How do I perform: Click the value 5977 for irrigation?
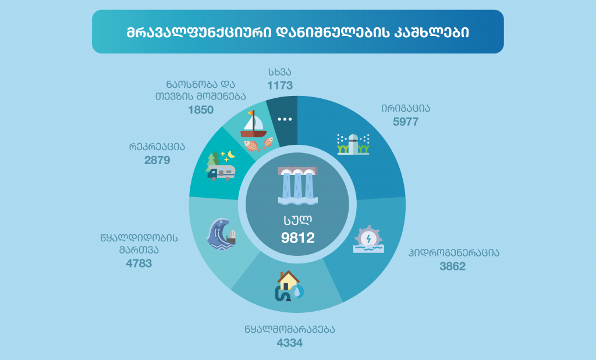coord(406,122)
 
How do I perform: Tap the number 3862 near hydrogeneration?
coord(452,266)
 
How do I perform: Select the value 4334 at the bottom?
coord(290,343)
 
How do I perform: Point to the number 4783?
coord(139,263)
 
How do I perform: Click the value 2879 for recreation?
coord(157,160)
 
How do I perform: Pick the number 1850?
coord(201,110)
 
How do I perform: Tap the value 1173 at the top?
coord(280,85)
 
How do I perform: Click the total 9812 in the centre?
coord(298,238)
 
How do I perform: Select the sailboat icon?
coord(254,124)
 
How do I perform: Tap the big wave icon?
coord(221,234)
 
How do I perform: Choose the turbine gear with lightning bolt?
coord(368,239)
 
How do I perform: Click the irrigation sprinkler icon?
coord(353,144)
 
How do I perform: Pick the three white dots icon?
coord(285,119)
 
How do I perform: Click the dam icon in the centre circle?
coord(298,185)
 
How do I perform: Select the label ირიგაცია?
coord(406,108)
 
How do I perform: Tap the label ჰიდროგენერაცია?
coord(454,253)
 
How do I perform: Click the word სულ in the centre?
coord(297,219)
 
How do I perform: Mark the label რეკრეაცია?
coord(157,147)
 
